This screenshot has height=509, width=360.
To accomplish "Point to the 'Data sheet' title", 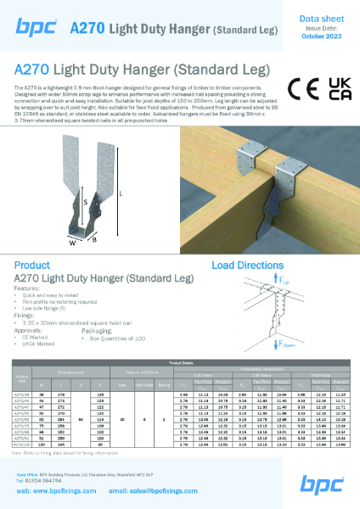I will (320, 16).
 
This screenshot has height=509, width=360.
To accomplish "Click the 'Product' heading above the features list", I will (31, 266).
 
